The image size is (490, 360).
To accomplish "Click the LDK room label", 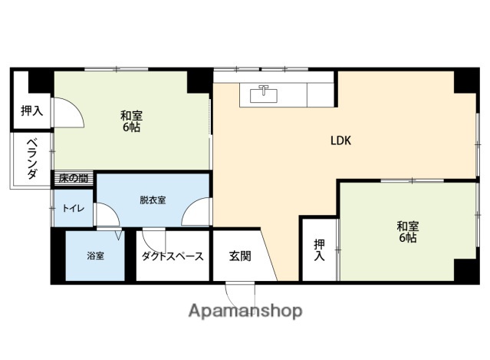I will pos(340,140).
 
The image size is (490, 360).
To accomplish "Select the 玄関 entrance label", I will pos(239,256).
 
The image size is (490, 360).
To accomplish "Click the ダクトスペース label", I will pos(172,256).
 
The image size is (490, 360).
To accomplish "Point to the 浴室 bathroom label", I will pos(95,255).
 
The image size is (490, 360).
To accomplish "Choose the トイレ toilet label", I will pos(74,208).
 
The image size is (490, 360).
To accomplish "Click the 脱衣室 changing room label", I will pos(152,200).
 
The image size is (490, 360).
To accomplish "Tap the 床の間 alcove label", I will pos(74,179).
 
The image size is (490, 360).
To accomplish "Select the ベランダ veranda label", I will pos(31,160).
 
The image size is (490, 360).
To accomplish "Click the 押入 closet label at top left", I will pos(31,111).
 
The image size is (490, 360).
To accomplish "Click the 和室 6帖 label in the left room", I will pos(131,121).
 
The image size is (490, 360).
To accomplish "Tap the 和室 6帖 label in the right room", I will pos(406,232).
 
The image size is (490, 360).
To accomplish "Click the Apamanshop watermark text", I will pos(245,311).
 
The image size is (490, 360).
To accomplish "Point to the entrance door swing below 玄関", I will pos(240,293).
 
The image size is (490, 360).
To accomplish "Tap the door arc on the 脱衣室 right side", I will pos(198,213).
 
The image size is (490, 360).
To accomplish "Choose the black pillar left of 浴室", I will pos(58,256).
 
